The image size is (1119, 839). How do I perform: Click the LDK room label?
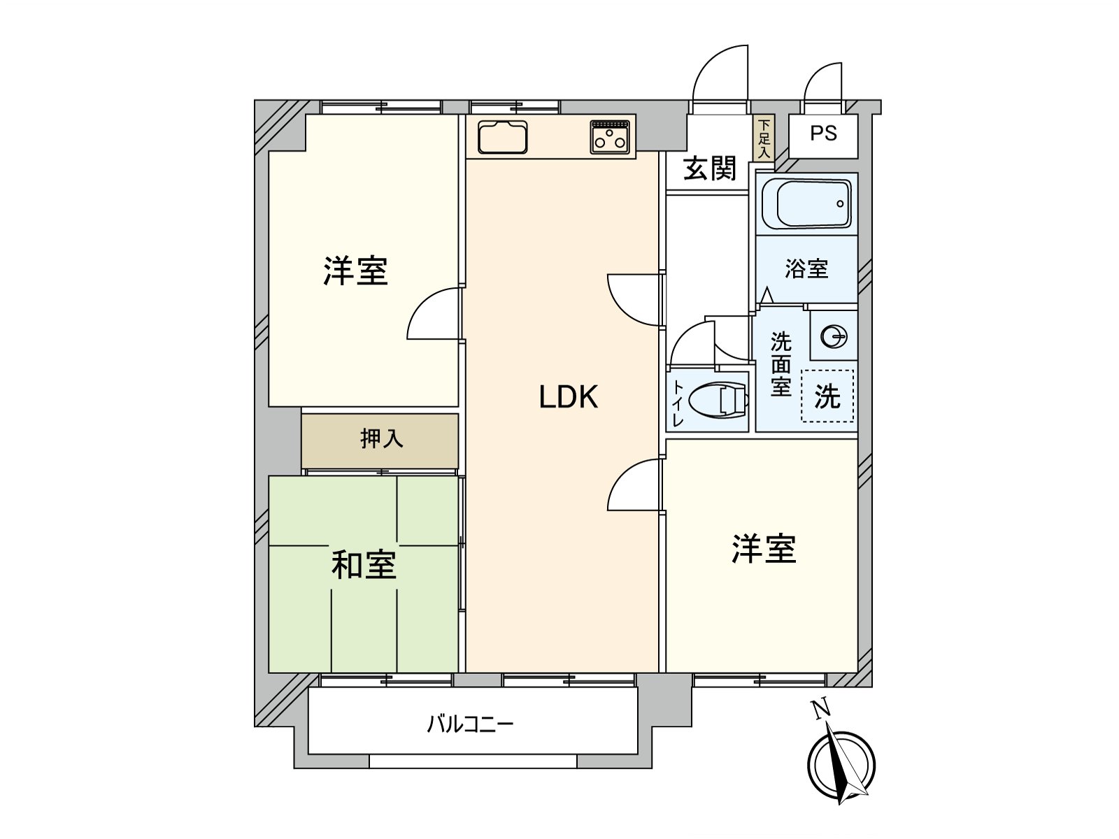568,397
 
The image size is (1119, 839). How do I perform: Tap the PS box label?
823,134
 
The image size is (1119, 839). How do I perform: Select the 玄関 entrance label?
710,168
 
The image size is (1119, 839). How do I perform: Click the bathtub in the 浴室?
806,203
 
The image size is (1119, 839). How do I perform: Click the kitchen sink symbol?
502,136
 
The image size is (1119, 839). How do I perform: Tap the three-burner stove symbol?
611,137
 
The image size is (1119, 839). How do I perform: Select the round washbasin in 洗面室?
833,338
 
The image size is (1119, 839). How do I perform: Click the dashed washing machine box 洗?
827,396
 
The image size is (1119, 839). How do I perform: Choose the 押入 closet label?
381,439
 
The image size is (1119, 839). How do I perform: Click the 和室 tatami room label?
364,565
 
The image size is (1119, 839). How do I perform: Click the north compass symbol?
841,765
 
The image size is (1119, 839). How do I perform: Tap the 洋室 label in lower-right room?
764,550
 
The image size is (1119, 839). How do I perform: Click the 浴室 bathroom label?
806,268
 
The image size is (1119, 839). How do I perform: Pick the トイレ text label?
678,403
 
